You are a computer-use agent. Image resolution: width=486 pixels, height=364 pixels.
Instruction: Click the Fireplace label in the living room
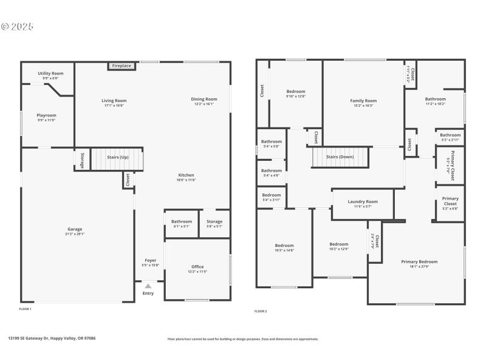[122, 66]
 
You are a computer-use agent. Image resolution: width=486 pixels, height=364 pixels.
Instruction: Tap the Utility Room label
[50, 73]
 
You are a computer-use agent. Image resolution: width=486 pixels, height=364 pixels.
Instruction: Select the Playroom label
[46, 115]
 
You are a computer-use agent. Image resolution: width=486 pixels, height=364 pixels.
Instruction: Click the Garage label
[75, 229]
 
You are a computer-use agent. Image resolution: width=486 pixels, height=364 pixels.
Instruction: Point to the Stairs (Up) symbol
[117, 157]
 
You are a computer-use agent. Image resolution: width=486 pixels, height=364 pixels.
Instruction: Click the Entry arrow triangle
[148, 286]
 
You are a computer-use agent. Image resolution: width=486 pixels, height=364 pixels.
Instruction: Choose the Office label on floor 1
[197, 266]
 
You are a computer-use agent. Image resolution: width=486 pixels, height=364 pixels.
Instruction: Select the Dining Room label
[204, 99]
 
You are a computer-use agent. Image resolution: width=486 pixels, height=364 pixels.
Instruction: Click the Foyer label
[150, 260]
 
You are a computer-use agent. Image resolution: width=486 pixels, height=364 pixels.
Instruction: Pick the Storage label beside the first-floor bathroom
[214, 221]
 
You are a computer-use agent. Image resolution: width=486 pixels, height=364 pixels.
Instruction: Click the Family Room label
[363, 101]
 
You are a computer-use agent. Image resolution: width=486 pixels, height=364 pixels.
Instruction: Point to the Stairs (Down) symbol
[340, 157]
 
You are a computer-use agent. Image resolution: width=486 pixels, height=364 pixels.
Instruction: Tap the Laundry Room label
[363, 201]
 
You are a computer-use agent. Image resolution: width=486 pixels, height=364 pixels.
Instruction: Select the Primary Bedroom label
[419, 261]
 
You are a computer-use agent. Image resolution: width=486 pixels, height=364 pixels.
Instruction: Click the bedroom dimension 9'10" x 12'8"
[296, 96]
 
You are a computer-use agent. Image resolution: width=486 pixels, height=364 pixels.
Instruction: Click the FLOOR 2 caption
[261, 311]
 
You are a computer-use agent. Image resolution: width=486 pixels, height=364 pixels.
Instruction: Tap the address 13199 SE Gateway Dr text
[52, 339]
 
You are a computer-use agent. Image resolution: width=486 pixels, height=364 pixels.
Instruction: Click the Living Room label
[114, 101]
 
